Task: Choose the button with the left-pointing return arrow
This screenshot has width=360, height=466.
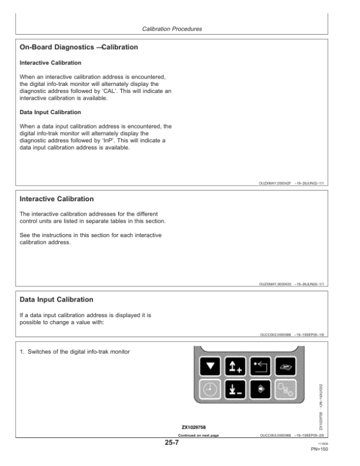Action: (259, 365)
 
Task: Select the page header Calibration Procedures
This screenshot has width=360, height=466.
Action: (172, 28)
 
